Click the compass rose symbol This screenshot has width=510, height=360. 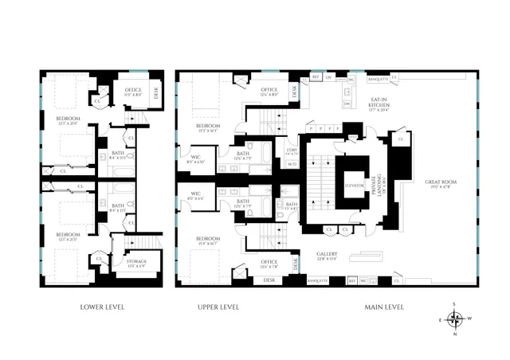[x=455, y=319]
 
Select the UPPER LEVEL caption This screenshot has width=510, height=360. [x=218, y=307]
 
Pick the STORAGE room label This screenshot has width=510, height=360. [x=137, y=262]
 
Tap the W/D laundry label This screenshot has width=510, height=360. [x=292, y=165]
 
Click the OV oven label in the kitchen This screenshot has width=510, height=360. [x=328, y=78]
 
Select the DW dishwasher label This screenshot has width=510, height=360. [x=347, y=104]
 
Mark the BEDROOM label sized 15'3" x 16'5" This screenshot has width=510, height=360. [x=209, y=127]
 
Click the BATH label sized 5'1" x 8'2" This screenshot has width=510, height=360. [x=292, y=206]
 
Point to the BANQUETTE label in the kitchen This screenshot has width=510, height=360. [x=378, y=79]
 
